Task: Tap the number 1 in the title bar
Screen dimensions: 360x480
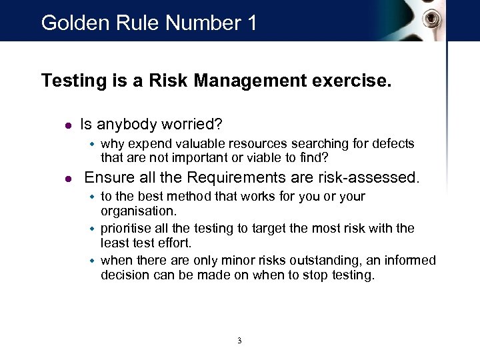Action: coord(251,23)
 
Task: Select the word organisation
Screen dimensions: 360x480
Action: coord(139,211)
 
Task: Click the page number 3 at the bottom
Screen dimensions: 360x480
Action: coord(239,341)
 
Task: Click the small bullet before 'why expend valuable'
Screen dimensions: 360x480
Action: coord(93,144)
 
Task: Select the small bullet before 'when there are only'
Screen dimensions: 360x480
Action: coord(93,261)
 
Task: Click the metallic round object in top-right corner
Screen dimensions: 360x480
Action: coord(435,17)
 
